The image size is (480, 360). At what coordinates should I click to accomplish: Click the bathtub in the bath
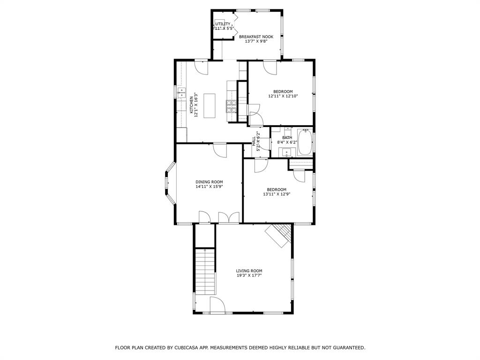tap(305, 142)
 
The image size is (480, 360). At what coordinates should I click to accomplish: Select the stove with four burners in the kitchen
tap(232, 107)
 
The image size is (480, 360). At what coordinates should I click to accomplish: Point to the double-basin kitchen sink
tap(181, 92)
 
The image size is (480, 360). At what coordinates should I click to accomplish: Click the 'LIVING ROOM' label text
tap(249, 270)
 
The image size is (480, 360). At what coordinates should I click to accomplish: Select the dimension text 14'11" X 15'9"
tap(209, 187)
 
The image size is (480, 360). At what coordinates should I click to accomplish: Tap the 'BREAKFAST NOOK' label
tap(256, 36)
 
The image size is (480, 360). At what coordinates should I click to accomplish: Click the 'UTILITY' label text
tap(223, 24)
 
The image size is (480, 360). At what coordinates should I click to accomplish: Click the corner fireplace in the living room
tap(279, 235)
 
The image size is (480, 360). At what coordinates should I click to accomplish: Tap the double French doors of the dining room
tap(229, 218)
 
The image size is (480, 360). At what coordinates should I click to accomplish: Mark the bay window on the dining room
tap(170, 183)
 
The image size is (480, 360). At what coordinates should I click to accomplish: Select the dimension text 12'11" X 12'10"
tap(283, 96)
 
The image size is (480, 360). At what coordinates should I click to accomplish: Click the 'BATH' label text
tap(287, 138)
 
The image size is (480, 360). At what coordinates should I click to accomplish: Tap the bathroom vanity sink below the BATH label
tap(286, 151)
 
